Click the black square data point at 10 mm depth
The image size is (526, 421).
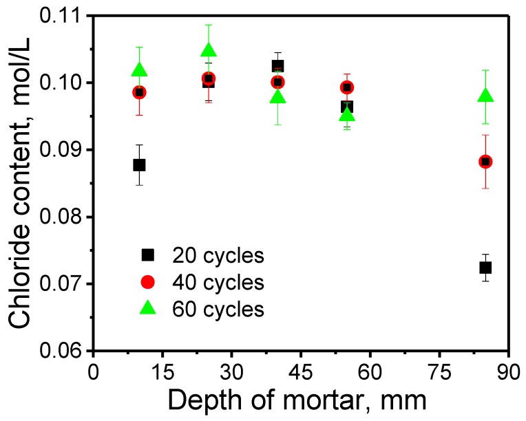(139, 164)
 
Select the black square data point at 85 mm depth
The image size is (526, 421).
(485, 267)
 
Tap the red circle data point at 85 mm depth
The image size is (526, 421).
(485, 161)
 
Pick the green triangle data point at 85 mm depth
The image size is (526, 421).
(485, 96)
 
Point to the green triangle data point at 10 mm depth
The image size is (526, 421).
(139, 70)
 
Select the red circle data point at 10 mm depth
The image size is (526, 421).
(139, 92)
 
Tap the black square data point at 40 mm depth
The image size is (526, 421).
(277, 66)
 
